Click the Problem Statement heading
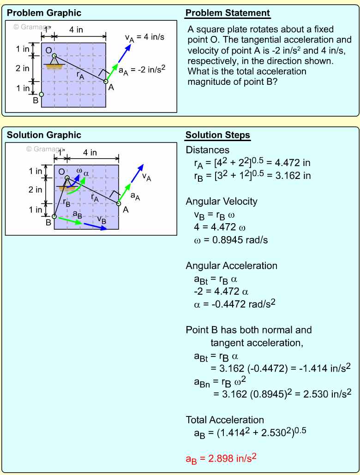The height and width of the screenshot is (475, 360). point(228,13)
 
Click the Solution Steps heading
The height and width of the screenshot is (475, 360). point(217,135)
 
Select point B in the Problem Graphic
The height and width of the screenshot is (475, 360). point(42,95)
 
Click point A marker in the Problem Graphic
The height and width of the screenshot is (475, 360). point(106,82)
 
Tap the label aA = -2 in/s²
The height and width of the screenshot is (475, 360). point(142,70)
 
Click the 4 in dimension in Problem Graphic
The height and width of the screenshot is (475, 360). point(76,30)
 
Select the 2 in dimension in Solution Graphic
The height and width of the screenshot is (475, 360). point(36,190)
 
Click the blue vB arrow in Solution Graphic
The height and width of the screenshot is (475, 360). point(95,226)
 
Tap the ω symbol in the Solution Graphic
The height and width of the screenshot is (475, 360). point(79,171)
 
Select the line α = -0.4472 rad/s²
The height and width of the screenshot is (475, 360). point(235,304)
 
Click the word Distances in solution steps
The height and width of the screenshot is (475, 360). point(207,150)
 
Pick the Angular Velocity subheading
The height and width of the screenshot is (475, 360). point(222,202)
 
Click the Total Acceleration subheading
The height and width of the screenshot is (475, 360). point(225,420)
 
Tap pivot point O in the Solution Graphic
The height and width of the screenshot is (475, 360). point(67,178)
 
